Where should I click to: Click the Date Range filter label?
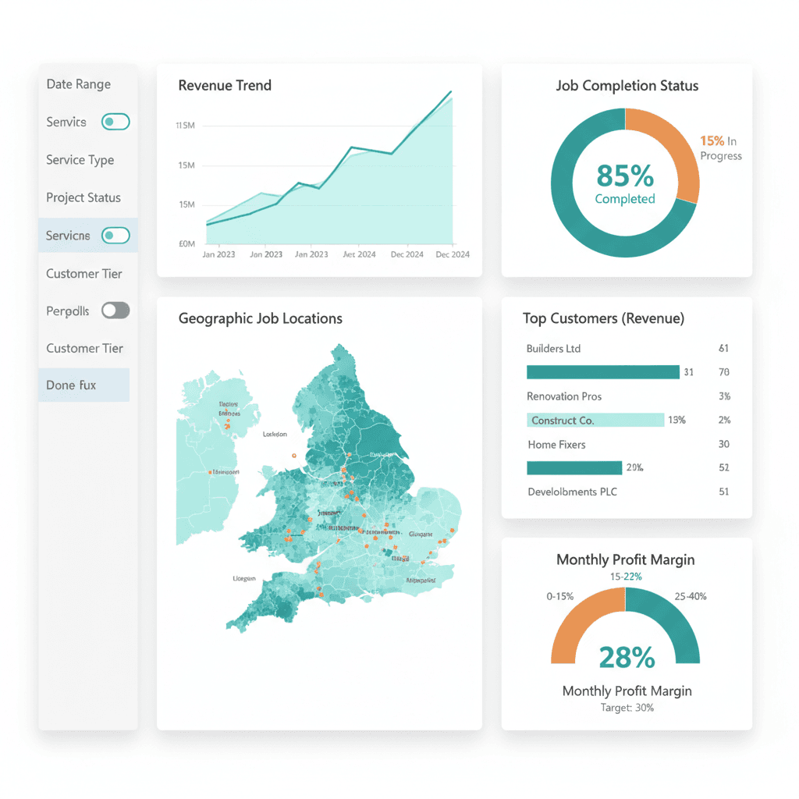(78, 84)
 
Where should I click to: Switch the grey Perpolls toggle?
(115, 311)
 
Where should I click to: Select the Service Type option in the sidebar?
(80, 160)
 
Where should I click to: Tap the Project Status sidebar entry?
(83, 197)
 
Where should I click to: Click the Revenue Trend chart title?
(225, 86)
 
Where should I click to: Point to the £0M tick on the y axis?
(186, 243)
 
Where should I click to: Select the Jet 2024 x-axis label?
(359, 254)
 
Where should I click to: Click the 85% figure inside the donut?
(624, 176)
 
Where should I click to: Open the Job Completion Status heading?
(627, 86)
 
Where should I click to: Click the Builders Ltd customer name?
(553, 348)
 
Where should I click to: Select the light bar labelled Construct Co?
(595, 420)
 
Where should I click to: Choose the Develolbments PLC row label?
(572, 492)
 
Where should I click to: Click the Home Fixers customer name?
(556, 444)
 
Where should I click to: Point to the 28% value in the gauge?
(626, 657)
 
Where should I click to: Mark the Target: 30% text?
(627, 708)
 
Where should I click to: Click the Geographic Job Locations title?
(260, 318)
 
